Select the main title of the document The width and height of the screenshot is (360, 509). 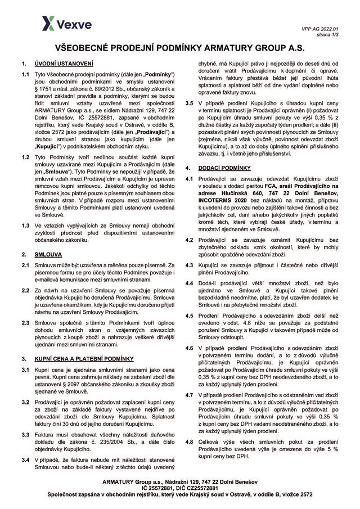180,49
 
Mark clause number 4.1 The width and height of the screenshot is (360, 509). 190,179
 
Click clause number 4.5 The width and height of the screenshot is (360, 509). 190,316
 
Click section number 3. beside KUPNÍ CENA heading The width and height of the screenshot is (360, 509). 24,358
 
